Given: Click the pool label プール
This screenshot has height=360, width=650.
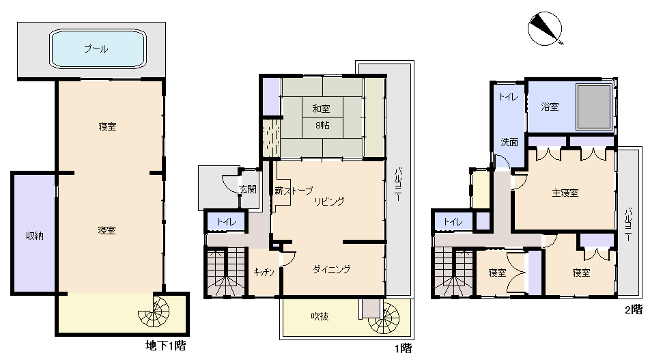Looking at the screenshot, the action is point(96,49).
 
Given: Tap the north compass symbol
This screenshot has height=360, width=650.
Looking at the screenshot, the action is point(545,29).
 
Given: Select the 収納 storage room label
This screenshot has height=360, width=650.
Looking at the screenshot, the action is point(35,236).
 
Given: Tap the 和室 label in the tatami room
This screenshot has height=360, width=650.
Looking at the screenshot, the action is point(322,109).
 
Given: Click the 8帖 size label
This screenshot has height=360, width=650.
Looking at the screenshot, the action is point(322,124).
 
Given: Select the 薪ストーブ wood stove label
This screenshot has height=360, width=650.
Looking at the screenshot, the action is point(294,191).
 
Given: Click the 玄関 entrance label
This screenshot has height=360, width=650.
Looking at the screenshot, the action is point(248,189).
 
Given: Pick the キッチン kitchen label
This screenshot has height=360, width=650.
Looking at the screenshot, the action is point(264,272).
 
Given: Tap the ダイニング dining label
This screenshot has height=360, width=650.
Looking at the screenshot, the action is point(332,269).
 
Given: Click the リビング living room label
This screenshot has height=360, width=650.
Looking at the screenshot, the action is point(330,202).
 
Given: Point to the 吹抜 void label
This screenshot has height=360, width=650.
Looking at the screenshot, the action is point(320,316).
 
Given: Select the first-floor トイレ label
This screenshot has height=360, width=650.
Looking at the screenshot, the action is point(227,222).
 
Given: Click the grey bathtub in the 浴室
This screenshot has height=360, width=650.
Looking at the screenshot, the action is point(594,107).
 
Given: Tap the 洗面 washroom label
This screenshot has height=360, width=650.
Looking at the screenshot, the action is point(509,142).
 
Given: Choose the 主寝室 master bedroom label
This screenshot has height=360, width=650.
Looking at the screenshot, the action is point(565,193).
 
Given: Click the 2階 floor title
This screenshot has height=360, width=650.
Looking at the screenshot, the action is point(634,309).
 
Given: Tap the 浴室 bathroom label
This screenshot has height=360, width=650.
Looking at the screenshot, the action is point(550,107).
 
